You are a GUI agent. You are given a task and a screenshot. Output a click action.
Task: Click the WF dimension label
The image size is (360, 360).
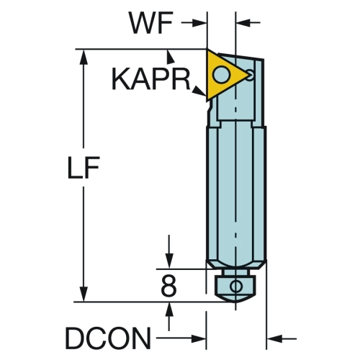click(150, 23)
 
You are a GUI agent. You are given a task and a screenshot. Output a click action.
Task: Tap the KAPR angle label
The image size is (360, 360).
click(150, 79)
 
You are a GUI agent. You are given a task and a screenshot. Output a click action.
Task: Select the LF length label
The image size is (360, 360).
click(84, 168)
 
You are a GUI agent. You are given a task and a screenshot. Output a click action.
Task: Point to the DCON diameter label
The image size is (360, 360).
click(108, 338)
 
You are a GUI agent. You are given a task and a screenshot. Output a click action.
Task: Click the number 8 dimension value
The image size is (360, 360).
click(168, 286)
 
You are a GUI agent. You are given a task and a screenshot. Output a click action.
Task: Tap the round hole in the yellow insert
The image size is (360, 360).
click(222, 74)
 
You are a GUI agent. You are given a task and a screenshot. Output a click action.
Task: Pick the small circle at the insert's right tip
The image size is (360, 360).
click(250, 75)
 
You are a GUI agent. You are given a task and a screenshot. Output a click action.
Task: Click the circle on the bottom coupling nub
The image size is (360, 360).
click(236, 286)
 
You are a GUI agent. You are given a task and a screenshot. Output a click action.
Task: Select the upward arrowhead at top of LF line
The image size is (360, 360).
click(84, 57)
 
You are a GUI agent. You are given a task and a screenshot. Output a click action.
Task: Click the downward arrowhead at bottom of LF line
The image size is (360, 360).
click(84, 294)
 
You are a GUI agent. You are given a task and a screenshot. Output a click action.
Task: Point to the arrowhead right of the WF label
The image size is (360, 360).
click(199, 23)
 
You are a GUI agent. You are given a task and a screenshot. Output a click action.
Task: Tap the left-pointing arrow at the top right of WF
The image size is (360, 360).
click(248, 23)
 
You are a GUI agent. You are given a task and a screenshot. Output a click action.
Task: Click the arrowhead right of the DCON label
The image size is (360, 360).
click(199, 339)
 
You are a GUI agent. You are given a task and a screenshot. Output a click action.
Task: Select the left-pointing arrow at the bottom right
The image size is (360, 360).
click(282, 339)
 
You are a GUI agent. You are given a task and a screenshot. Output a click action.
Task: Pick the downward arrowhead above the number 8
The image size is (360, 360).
click(169, 261)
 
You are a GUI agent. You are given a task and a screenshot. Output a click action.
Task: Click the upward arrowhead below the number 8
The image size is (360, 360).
click(169, 310)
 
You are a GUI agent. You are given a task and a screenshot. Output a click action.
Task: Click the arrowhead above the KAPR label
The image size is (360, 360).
click(170, 57)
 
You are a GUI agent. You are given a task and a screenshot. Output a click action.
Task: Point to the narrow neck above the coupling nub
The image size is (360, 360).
click(235, 272)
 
